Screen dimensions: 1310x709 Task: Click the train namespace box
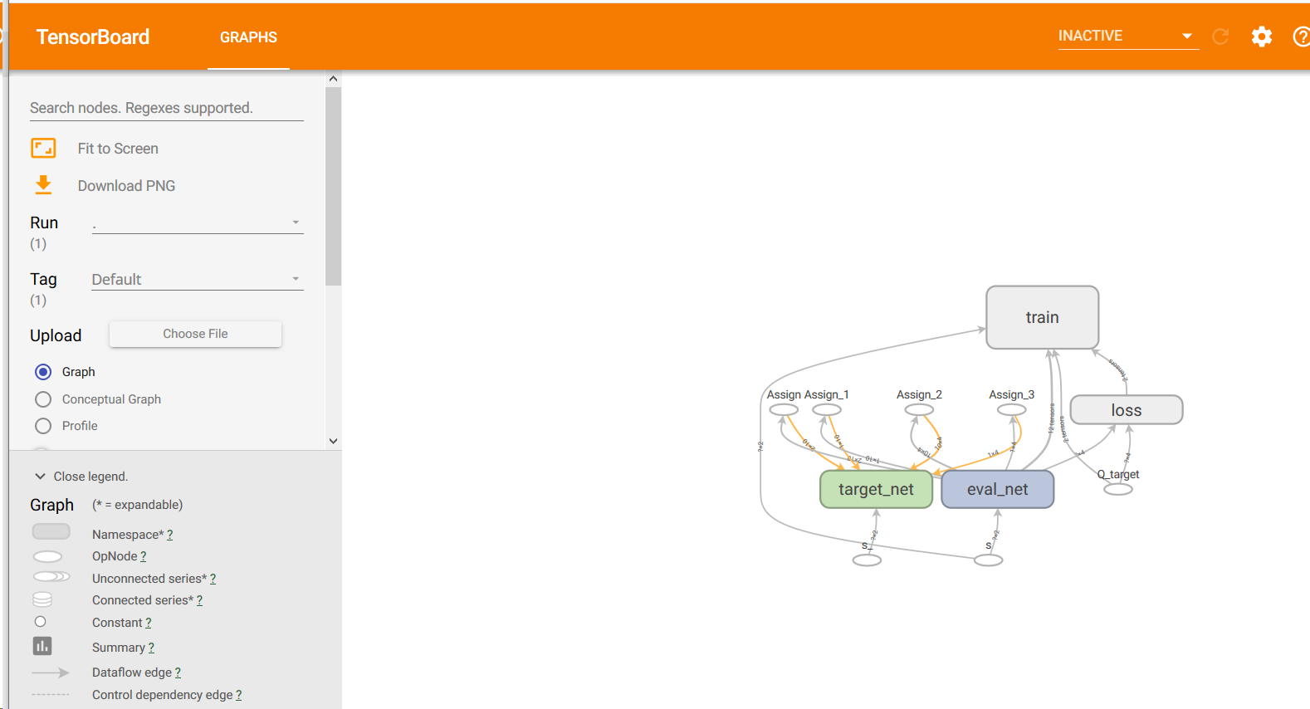pyautogui.click(x=1042, y=317)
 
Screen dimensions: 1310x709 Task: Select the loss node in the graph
pyautogui.click(x=1126, y=410)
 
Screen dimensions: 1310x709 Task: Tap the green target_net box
pyautogui.click(x=876, y=489)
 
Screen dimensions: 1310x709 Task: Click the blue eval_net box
pyautogui.click(x=997, y=489)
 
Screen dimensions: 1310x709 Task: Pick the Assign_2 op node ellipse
pyautogui.click(x=919, y=409)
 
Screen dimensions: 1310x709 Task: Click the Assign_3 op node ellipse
pyautogui.click(x=1011, y=409)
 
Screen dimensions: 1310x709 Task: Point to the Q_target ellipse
pyautogui.click(x=1118, y=489)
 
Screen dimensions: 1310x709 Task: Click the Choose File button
pyautogui.click(x=195, y=334)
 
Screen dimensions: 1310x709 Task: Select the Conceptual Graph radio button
pyautogui.click(x=43, y=399)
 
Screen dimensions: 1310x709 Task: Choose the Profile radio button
pyautogui.click(x=43, y=426)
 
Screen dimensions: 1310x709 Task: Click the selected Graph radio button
pyautogui.click(x=43, y=372)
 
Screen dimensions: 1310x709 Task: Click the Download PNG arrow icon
pyautogui.click(x=43, y=185)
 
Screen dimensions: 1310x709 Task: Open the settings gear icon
pyautogui.click(x=1262, y=37)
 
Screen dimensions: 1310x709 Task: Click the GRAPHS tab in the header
pyautogui.click(x=248, y=37)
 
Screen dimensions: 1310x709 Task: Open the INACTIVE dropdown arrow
pyautogui.click(x=1187, y=37)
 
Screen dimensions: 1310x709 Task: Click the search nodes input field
pyautogui.click(x=166, y=108)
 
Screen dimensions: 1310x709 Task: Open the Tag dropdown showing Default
pyautogui.click(x=197, y=280)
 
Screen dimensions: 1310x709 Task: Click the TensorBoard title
pyautogui.click(x=93, y=37)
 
